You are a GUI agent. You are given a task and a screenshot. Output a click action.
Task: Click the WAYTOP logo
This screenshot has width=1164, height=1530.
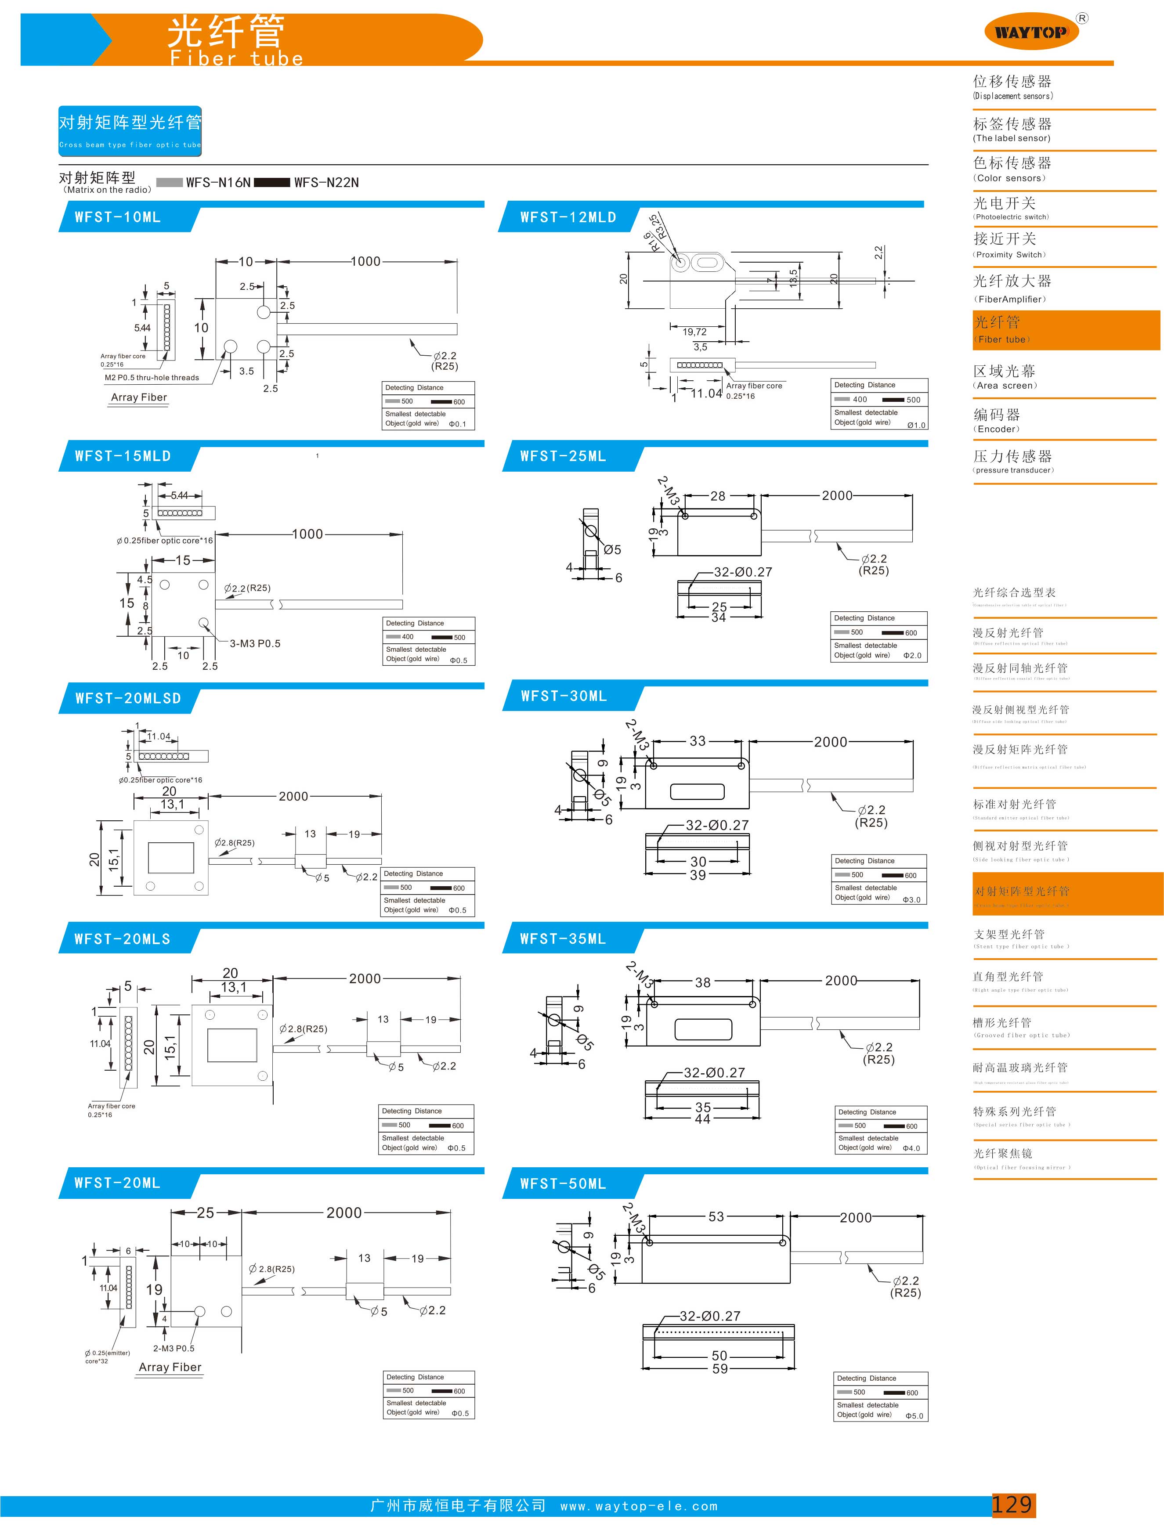coord(1031,32)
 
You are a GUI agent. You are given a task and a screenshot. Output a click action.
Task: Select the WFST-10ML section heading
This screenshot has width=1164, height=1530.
coord(118,217)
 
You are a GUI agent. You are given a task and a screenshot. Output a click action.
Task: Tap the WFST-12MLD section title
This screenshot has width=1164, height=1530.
coord(568,217)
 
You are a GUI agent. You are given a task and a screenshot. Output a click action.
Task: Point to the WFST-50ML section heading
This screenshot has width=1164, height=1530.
coord(563,1184)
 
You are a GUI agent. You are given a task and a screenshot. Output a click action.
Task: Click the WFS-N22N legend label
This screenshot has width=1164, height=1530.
coord(326,182)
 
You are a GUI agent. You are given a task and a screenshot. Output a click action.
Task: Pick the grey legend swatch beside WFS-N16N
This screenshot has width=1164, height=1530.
coord(169,182)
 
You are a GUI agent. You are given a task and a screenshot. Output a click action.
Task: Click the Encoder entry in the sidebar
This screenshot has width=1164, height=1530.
coord(996,420)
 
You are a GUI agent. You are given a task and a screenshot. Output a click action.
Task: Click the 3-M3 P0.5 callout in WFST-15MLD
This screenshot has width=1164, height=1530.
coord(255,643)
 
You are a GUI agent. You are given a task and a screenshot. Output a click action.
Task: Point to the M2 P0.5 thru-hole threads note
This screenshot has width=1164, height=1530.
coord(152,378)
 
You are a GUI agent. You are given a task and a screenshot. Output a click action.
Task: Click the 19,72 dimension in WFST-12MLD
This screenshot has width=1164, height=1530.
coord(694,332)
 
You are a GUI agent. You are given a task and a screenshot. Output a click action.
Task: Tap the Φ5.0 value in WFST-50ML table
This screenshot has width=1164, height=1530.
coord(914,1416)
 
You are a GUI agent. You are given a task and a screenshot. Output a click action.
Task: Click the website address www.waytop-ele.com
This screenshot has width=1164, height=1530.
coord(639,1506)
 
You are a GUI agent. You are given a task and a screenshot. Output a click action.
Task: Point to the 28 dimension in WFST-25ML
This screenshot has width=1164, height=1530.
coord(718,496)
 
